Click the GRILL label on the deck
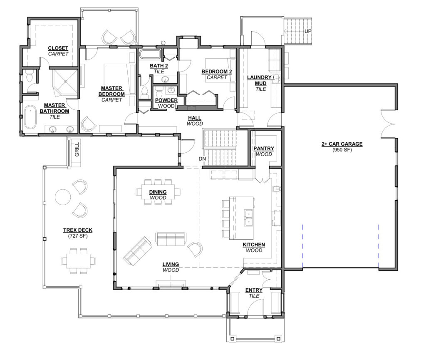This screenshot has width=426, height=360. click(77, 149)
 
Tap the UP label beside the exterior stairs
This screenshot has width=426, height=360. click(307, 31)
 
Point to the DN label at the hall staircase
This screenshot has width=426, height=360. click(202, 159)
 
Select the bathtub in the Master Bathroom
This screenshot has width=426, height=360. click(30, 117)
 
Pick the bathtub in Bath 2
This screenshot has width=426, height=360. click(150, 55)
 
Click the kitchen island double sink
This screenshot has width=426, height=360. click(248, 218)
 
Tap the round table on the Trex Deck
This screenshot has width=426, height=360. click(63, 197)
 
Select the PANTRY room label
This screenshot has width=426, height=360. click(263, 148)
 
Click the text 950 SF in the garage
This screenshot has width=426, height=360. click(342, 150)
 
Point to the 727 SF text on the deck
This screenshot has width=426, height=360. click(78, 236)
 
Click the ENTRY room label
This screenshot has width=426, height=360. click(254, 290)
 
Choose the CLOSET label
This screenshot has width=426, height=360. click(58, 48)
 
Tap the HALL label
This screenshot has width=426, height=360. click(195, 118)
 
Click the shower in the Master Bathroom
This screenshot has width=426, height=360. click(65, 83)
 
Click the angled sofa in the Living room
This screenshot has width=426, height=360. click(138, 251)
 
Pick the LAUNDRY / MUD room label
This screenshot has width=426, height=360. click(260, 80)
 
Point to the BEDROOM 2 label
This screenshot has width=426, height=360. click(216, 72)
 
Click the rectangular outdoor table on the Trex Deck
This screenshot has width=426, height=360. click(79, 261)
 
